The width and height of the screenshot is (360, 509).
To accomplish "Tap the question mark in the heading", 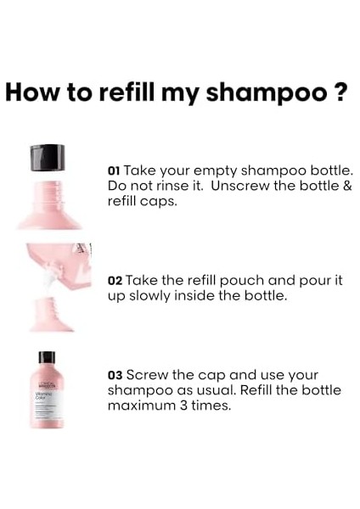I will point(340,92).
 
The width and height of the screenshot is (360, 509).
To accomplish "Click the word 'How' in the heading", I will point(31,92).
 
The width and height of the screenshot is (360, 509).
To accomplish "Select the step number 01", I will point(115,169).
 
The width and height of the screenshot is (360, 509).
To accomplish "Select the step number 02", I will point(116,280).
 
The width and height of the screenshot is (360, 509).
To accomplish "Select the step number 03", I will point(116,374).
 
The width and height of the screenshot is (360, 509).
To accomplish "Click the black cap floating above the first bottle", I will point(48,157).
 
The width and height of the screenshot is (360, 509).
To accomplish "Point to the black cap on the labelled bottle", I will point(47,357).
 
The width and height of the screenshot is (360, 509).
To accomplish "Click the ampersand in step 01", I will point(346,185).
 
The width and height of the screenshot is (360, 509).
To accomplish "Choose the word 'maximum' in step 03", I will point(137,406).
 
